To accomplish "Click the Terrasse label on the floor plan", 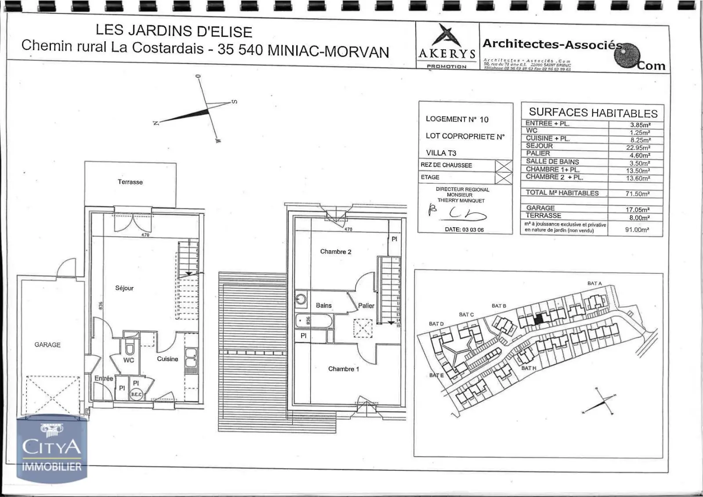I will tap(130, 182).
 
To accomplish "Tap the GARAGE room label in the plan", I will tap(47, 345).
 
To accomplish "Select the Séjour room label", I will tap(124, 288).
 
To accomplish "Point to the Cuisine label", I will tap(167, 359).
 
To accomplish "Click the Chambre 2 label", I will tap(336, 252).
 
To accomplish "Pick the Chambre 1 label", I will tap(343, 369).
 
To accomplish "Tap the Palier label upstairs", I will tap(366, 305).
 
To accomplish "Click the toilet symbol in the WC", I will tap(129, 348).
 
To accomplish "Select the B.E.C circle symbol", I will tap(136, 394).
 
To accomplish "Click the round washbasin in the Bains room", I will tap(301, 299).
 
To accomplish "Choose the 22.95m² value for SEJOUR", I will tap(638, 148).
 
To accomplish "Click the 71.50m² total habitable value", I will tap(638, 194).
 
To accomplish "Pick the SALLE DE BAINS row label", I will tap(552, 162).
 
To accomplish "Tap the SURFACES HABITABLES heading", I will tap(593, 113).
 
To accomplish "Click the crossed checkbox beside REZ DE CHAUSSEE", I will tap(504, 166).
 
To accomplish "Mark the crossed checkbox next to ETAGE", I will tap(504, 178).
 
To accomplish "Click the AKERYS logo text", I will tap(447, 54).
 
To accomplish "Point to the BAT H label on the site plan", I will tap(529, 368).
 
